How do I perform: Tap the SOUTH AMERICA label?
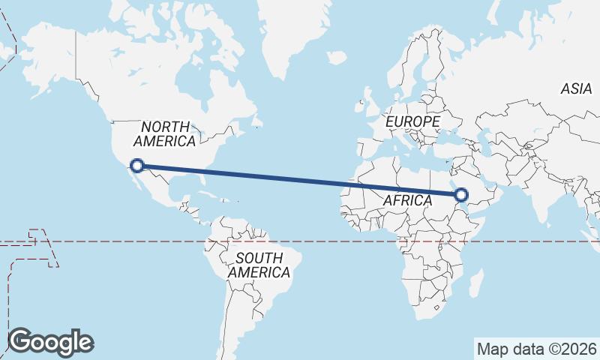pyautogui.click(x=259, y=265)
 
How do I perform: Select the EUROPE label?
pyautogui.click(x=412, y=121)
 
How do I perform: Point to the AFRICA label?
pyautogui.click(x=407, y=200)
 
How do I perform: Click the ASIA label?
pyautogui.click(x=576, y=88)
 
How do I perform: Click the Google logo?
pyautogui.click(x=50, y=342)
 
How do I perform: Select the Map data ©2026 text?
pyautogui.click(x=537, y=349)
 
